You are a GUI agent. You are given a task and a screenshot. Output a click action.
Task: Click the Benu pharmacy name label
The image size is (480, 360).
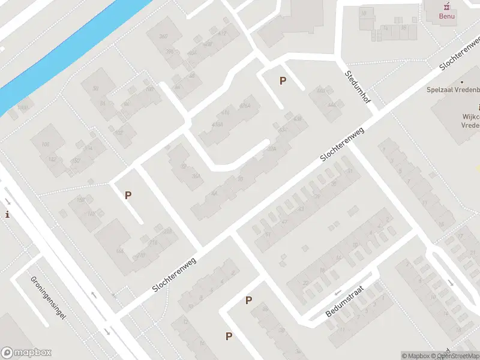(x=447, y=16)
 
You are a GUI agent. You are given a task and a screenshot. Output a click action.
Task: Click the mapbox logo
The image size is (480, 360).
(x=26, y=353)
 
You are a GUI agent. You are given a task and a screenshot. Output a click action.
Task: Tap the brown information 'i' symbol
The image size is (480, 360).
(x=7, y=214)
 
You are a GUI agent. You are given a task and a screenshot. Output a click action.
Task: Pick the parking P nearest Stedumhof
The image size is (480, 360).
(x=283, y=80)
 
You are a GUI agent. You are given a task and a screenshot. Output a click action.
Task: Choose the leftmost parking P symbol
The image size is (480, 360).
(x=127, y=195)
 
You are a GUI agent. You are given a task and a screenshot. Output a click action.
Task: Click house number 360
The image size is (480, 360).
(x=163, y=37)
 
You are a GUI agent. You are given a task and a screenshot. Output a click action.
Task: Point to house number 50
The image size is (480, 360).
(x=95, y=88)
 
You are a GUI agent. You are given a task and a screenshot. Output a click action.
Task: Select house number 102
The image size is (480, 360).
(x=118, y=133)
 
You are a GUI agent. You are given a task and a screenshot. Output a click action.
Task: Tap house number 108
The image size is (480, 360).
(x=148, y=89)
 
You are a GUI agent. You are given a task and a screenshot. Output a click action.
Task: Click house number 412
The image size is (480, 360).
(x=222, y=33)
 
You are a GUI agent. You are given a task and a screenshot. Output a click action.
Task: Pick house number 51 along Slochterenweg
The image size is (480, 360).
(x=268, y=233)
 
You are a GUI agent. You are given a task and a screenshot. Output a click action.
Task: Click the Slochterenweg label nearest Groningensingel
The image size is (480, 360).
(x=175, y=273)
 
